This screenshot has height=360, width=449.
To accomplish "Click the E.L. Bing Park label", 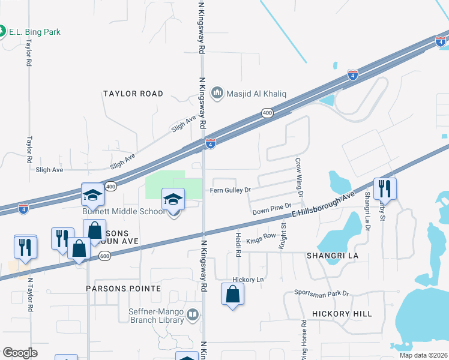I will coord(35,32).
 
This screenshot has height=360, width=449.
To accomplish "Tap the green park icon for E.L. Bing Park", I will coord(2,31).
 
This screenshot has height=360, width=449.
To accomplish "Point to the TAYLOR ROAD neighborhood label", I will coord(133,94).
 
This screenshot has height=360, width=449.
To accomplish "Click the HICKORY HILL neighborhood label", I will coord(342,314).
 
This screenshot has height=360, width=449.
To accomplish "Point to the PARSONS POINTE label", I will coord(124,289).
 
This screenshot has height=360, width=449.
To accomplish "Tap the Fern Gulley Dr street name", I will coord(229,190).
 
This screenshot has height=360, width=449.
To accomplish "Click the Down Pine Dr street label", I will coord(271,211).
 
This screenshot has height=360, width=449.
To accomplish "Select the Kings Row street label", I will coord(261,237).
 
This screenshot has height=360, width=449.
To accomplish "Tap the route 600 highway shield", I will coord(105,256).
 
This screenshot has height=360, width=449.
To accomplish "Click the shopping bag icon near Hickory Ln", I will coord(233,295).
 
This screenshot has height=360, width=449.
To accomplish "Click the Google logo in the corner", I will coord(20,352).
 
